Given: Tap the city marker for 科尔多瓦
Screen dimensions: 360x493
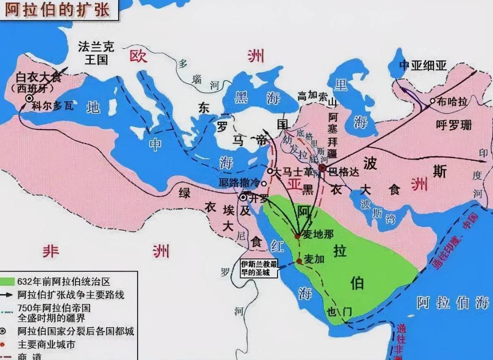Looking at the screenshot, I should tap(29, 98).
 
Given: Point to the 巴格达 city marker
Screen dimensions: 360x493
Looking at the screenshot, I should tap(322, 168).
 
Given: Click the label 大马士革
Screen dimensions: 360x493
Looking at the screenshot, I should tap(289, 171).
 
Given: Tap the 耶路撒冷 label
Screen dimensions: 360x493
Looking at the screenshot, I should tap(239, 183).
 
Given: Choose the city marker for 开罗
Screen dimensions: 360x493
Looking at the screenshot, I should tap(243, 197).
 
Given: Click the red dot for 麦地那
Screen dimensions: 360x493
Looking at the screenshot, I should tap(297, 236).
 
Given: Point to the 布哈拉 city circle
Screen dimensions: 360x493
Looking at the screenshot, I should tap(432, 101).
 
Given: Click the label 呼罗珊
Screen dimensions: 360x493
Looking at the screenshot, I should tap(453, 124).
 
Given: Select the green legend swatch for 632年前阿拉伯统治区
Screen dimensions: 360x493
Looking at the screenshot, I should tap(8, 281).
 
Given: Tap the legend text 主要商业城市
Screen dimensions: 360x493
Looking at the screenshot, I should tap(46, 345).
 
